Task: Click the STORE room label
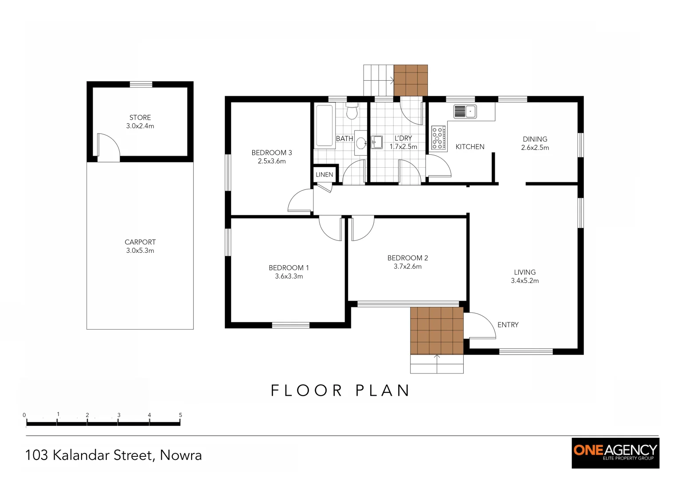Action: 140,118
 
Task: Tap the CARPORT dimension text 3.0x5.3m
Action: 140,251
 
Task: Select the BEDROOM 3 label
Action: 271,153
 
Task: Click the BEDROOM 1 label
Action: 289,268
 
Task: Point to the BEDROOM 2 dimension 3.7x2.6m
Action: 407,267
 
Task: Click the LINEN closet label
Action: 324,175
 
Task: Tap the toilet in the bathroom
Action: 352,112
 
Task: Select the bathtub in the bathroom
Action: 324,126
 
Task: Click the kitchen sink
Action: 465,111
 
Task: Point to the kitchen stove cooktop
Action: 438,137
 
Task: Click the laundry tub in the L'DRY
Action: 376,142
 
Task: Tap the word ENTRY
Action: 508,325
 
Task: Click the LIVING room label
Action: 524,272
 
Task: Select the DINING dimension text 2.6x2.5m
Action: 535,148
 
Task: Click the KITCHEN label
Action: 470,147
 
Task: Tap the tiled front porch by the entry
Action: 437,331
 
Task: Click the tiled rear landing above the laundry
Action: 411,80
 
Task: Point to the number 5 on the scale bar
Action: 180,415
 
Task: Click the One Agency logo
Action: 615,453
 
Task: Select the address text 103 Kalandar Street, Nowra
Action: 113,455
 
